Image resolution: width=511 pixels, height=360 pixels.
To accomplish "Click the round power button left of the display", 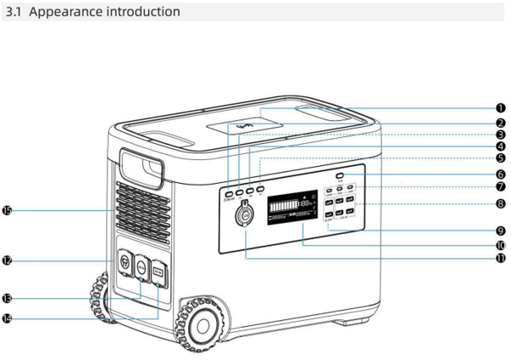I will click(247, 218).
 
